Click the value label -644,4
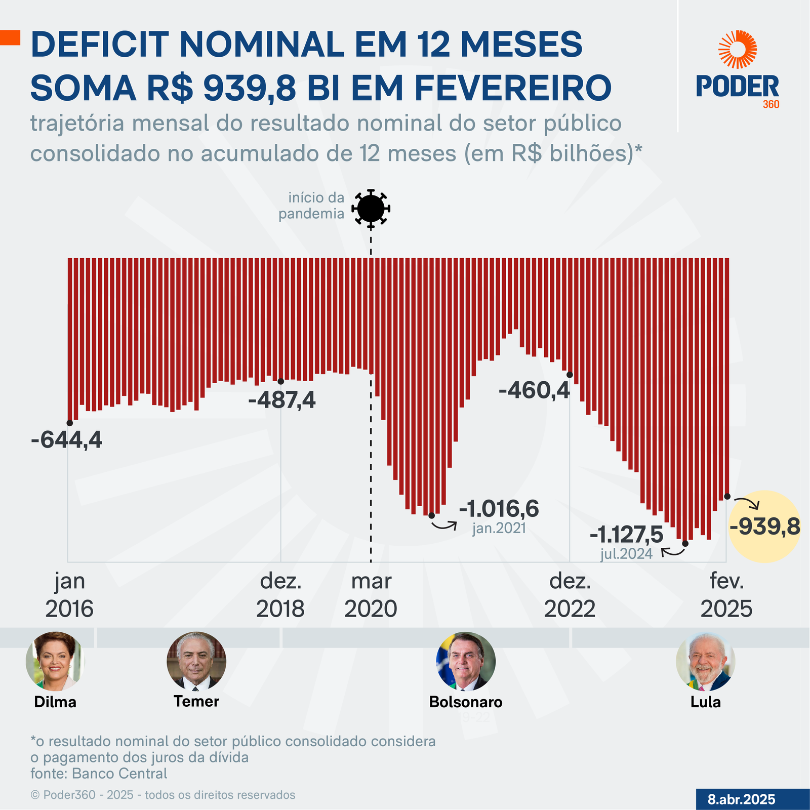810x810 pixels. pyautogui.click(x=66, y=440)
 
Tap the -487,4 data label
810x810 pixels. pyautogui.click(x=281, y=400)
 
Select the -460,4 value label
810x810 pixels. pyautogui.click(x=534, y=390)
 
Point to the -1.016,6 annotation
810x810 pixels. pyautogui.click(x=499, y=509)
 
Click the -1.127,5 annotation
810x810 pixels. pyautogui.click(x=626, y=535)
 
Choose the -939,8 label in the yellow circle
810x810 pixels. pyautogui.click(x=764, y=526)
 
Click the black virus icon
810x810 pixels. pyautogui.click(x=371, y=208)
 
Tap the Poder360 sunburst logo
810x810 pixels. pyautogui.click(x=738, y=49)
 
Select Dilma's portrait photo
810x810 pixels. pyautogui.click(x=55, y=661)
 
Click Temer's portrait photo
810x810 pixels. pyautogui.click(x=196, y=661)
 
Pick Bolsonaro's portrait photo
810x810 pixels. pyautogui.click(x=466, y=661)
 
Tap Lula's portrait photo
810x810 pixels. pyautogui.click(x=705, y=661)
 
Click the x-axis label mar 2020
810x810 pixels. pyautogui.click(x=371, y=595)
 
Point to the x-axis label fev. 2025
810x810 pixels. pyautogui.click(x=726, y=595)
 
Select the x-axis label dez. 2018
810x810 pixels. pyautogui.click(x=280, y=595)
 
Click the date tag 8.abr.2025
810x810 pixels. pyautogui.click(x=741, y=799)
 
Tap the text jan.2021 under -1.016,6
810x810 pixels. pyautogui.click(x=499, y=529)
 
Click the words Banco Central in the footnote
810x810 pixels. pyautogui.click(x=119, y=774)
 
